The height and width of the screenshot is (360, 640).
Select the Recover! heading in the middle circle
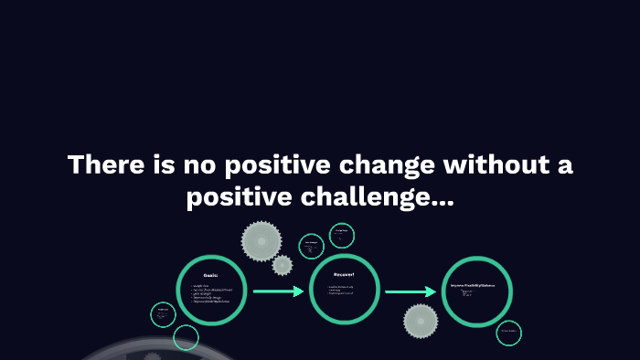[344, 275]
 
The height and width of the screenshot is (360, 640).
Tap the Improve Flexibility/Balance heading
[478, 286]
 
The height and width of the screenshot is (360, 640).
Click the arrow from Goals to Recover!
[278, 292]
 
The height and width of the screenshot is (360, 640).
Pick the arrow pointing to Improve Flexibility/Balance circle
[411, 292]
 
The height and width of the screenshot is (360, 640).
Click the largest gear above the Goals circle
[259, 240]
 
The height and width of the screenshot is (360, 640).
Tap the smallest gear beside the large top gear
[283, 265]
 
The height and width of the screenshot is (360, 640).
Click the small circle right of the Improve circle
[509, 333]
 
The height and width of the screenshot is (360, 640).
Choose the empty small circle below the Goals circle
[186, 338]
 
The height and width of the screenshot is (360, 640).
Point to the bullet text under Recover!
[342, 291]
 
